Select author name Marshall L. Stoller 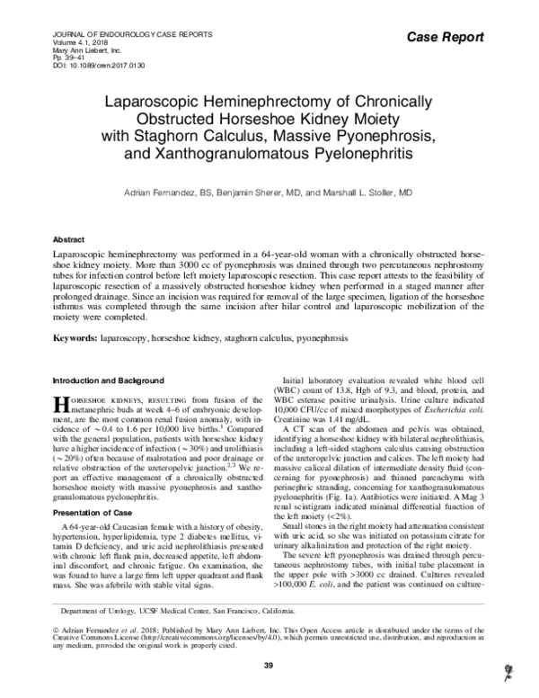[368, 192]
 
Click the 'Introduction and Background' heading [105, 380]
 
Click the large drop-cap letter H [62, 402]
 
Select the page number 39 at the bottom [268, 665]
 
